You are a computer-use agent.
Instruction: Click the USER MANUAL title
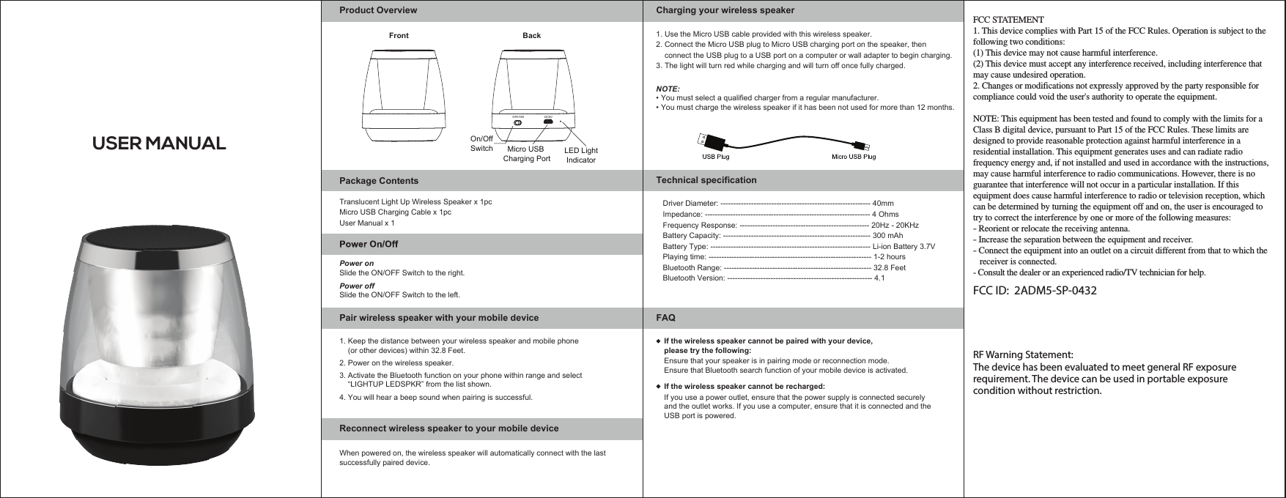(158, 143)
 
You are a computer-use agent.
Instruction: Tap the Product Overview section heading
(377, 11)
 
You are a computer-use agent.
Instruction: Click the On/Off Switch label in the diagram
(481, 144)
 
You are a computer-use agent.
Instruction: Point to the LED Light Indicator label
(581, 155)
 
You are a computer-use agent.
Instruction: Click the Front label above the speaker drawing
(399, 35)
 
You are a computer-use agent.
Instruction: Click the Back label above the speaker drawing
(531, 35)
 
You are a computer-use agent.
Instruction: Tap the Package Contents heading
(379, 180)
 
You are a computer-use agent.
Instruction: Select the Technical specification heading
(706, 180)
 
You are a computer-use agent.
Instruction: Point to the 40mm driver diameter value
(883, 203)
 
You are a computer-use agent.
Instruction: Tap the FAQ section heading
(665, 318)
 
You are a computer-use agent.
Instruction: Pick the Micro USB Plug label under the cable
(853, 155)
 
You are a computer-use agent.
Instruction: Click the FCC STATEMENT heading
(1008, 19)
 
